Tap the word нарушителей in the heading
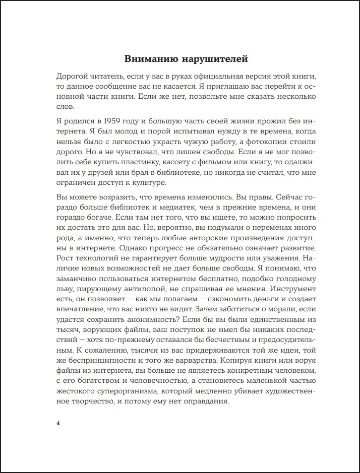pyautogui.click(x=216, y=59)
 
